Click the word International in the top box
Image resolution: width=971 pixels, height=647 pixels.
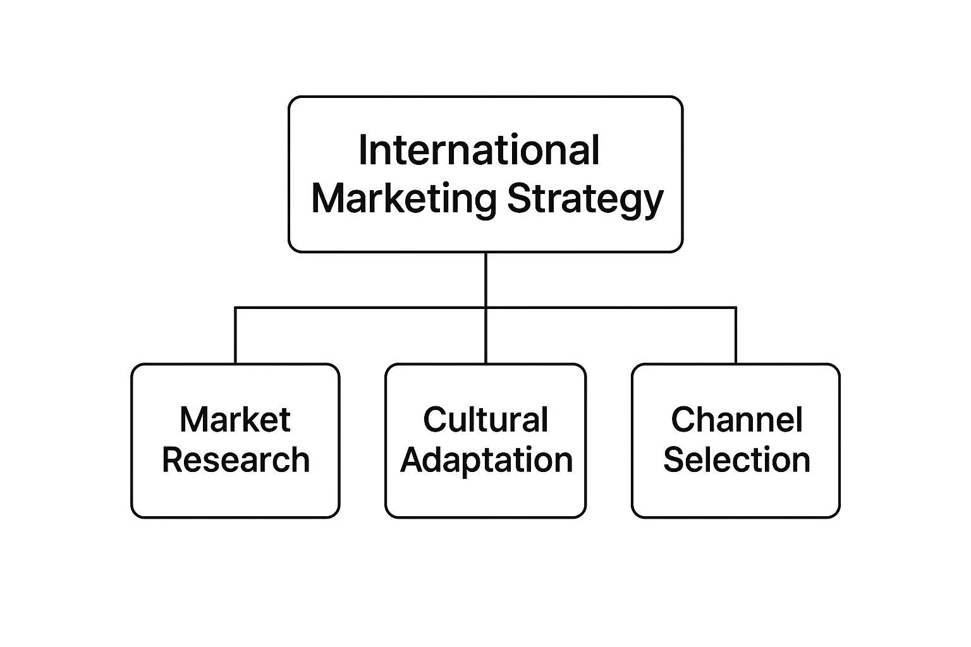coord(479,151)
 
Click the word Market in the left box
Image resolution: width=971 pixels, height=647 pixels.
coord(235,420)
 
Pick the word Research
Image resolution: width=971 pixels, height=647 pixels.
coord(236,460)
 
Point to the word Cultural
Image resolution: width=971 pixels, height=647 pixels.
coord(485,420)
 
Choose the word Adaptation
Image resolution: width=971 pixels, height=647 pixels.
coord(486,460)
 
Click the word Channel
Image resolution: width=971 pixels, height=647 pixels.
coord(736,420)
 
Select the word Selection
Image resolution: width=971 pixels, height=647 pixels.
coord(736,460)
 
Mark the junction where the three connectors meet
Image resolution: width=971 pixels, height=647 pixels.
coord(485,308)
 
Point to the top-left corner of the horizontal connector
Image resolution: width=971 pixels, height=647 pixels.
coord(235,308)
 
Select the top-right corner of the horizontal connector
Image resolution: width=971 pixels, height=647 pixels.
coord(736,308)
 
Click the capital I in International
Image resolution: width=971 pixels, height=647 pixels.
coord(362,151)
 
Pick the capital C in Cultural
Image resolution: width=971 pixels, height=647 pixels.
coord(434,420)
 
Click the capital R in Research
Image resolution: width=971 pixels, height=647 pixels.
coord(172,460)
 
